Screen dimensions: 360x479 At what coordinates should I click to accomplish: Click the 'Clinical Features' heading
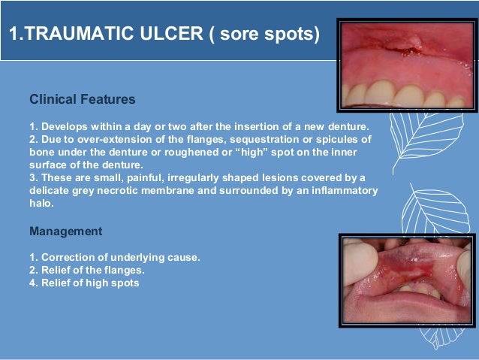coord(82,98)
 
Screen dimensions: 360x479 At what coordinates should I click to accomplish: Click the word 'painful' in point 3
coord(158,177)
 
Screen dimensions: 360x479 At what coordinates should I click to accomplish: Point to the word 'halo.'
coord(41,204)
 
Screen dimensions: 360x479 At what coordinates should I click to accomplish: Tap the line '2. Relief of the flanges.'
coord(86,270)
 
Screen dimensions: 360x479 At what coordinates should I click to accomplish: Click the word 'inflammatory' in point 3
coord(338,190)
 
